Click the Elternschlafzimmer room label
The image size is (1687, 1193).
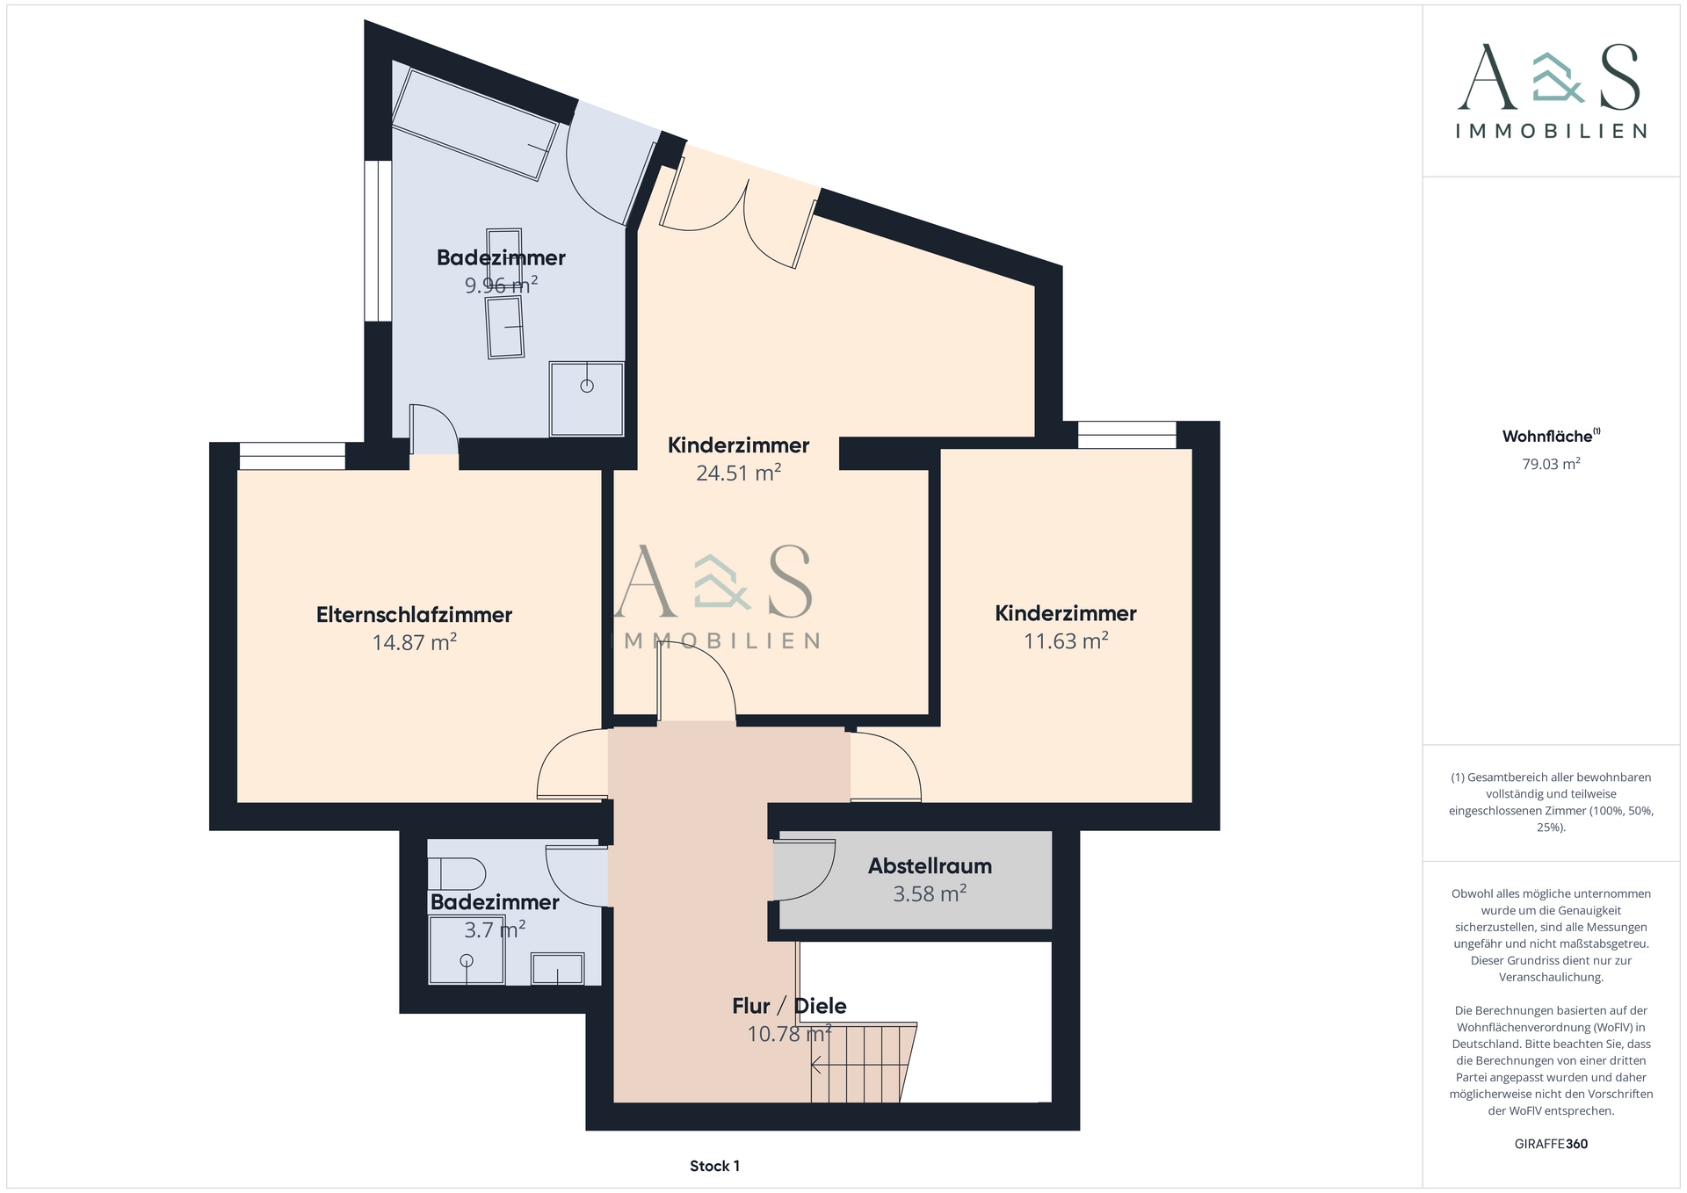tap(414, 615)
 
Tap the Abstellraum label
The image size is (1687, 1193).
tap(930, 866)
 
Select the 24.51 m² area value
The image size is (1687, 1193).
tap(738, 473)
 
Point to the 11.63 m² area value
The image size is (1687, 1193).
tap(1066, 640)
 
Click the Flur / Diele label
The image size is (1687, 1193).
tap(789, 1006)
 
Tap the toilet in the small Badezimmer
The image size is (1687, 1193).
tap(457, 873)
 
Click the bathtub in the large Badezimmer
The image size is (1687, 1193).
tap(474, 124)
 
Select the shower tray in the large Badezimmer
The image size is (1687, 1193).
tap(586, 398)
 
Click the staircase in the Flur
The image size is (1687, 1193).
tap(864, 1062)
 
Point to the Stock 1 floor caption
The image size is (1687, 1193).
tap(714, 1166)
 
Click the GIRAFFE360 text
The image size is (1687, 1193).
tap(1551, 1144)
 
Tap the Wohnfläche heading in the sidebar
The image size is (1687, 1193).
tap(1547, 436)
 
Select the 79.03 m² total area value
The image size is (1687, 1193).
tap(1551, 464)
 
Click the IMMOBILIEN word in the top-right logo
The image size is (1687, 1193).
tap(1551, 131)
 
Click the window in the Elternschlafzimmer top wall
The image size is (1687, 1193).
tap(293, 456)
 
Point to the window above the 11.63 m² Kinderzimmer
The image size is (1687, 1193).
tap(1126, 435)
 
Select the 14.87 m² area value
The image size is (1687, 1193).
tap(414, 642)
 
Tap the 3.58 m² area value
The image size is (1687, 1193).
tap(930, 893)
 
